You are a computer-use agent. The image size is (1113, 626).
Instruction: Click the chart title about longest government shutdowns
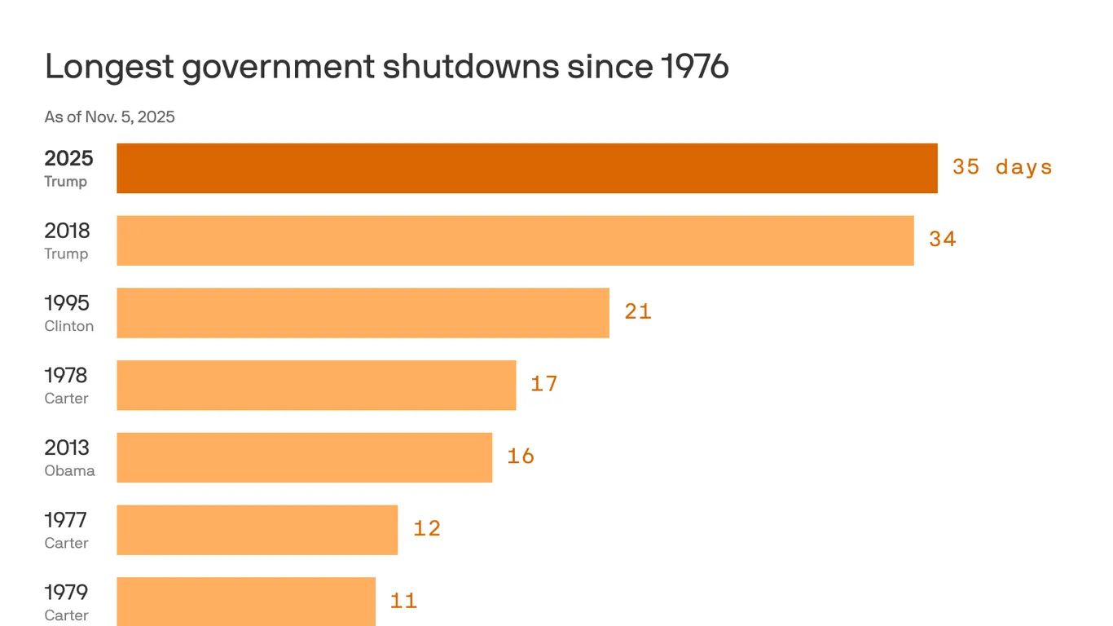tap(386, 67)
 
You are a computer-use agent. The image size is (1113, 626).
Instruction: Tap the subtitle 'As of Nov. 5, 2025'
tap(109, 117)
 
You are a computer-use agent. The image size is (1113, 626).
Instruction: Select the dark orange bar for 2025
tap(526, 169)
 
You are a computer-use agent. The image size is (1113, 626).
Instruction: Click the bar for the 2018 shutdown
tap(515, 240)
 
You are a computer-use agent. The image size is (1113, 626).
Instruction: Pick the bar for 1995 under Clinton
tap(363, 313)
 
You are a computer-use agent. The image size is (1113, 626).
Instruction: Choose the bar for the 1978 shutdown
tap(316, 385)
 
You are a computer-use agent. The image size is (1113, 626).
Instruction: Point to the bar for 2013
tap(304, 457)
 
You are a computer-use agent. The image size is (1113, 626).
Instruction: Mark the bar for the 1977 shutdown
tap(257, 530)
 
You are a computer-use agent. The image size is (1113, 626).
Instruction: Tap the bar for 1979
tap(246, 601)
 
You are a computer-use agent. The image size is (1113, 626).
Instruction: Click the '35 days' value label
tap(1002, 167)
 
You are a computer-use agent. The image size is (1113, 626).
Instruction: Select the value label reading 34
tap(943, 240)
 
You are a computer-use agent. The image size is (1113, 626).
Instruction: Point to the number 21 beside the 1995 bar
tap(638, 311)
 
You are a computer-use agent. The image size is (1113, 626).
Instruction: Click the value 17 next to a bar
tap(544, 384)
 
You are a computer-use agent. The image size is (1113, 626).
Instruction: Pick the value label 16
tap(521, 456)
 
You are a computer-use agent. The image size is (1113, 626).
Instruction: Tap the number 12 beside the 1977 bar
tap(427, 529)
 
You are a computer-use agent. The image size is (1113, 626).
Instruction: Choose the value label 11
tap(403, 602)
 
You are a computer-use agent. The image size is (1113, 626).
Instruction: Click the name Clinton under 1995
tap(69, 326)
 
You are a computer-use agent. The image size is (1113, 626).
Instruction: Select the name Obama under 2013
tap(69, 471)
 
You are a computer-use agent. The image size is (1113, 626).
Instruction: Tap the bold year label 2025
tap(68, 158)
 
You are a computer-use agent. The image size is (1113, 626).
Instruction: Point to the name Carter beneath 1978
tap(66, 399)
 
